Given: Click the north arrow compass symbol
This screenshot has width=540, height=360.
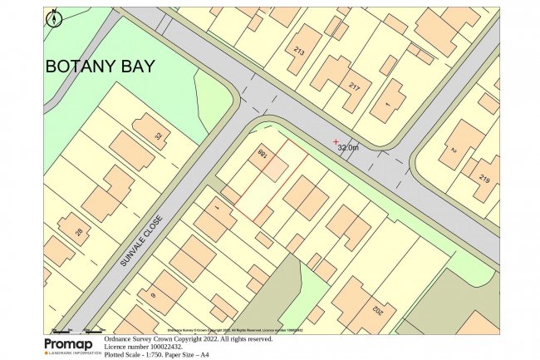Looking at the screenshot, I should click(54, 17).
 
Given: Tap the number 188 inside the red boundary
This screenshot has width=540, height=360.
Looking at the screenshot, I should click(263, 156).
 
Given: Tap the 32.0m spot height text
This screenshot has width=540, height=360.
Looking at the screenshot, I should click(349, 147).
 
